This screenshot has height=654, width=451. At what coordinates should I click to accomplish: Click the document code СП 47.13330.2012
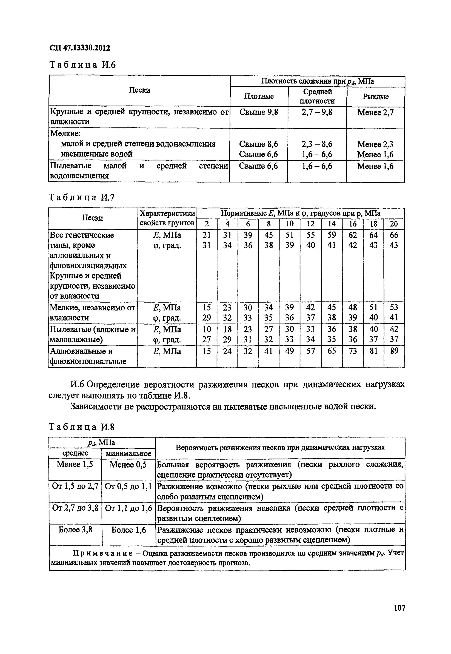(x=80, y=48)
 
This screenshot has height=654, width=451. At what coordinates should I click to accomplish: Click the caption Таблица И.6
(x=83, y=65)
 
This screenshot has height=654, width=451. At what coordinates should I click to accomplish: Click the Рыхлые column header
(x=376, y=97)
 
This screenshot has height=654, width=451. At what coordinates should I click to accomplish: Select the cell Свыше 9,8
(x=259, y=112)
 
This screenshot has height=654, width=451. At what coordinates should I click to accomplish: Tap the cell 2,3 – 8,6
(x=317, y=144)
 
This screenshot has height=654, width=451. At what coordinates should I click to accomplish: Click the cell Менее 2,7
(x=375, y=112)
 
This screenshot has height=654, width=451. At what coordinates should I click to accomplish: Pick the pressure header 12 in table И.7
(x=310, y=224)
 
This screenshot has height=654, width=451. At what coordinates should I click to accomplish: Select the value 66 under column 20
(x=394, y=235)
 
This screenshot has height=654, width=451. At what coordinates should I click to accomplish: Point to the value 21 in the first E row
(x=207, y=235)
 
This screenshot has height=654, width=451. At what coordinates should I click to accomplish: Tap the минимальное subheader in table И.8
(x=128, y=453)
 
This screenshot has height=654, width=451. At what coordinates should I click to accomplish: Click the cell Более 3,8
(x=75, y=530)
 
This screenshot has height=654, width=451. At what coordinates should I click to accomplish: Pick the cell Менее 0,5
(x=128, y=465)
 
